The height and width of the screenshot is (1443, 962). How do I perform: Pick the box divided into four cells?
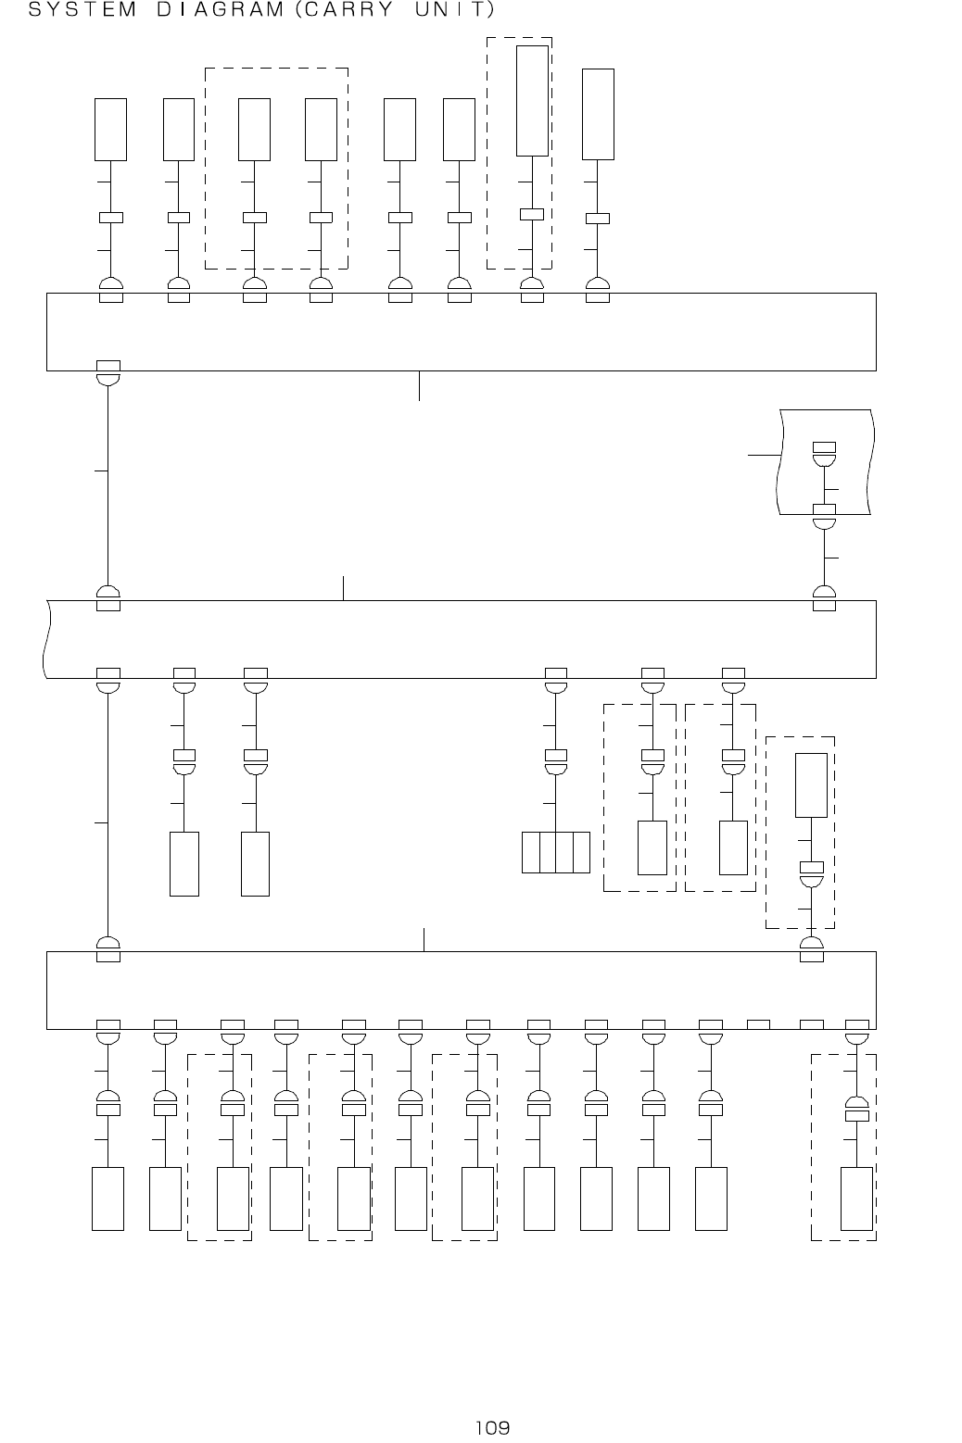[556, 852]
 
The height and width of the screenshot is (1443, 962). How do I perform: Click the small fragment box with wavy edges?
[826, 461]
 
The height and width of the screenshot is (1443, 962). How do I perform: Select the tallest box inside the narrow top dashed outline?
[532, 100]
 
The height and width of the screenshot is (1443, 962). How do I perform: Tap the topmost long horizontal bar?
[461, 332]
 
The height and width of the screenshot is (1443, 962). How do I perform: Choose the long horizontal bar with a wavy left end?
[461, 639]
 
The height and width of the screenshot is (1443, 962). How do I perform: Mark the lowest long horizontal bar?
[461, 990]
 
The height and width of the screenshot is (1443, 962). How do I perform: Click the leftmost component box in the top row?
[111, 129]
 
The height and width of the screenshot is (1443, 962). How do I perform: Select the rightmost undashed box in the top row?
[598, 114]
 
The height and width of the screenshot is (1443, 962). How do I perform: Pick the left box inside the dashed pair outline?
[254, 129]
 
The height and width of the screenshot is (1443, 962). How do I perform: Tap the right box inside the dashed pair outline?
[321, 129]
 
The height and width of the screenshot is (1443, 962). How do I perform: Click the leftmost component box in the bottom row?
[108, 1198]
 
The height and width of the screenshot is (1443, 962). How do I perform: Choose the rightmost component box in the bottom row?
[856, 1198]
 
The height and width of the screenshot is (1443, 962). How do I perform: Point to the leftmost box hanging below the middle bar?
[184, 863]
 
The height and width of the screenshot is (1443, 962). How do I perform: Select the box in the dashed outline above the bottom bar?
[812, 785]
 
